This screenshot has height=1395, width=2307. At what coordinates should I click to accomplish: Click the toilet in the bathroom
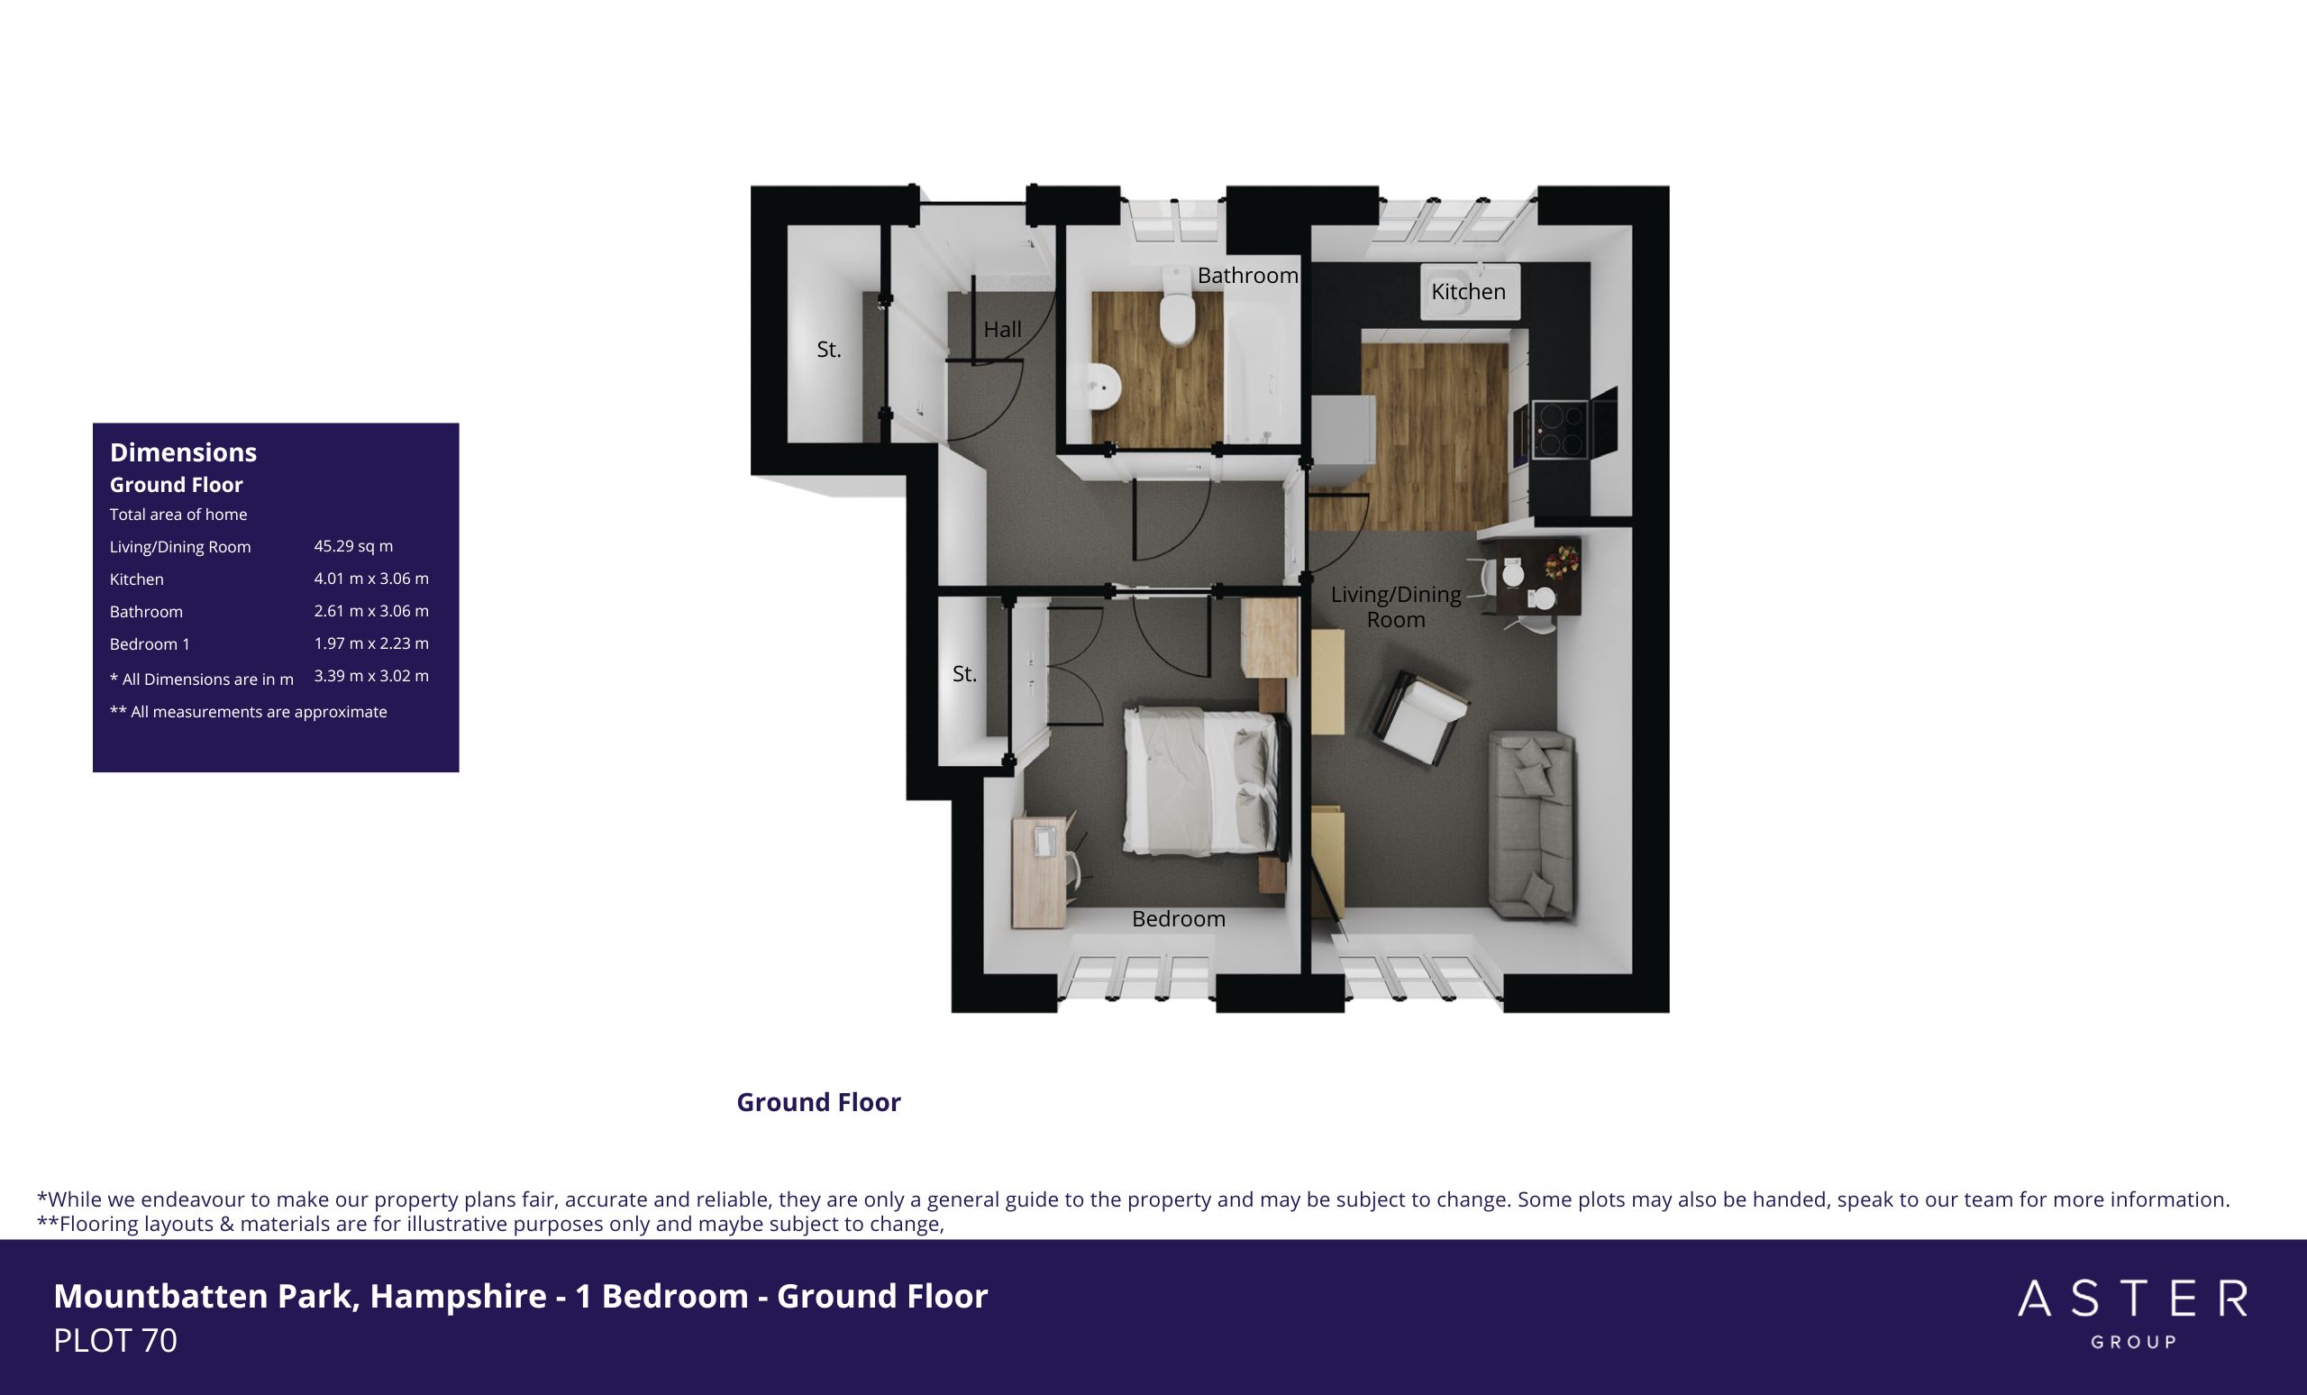tap(1177, 305)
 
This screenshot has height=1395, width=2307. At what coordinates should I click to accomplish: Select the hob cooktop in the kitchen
tap(1559, 429)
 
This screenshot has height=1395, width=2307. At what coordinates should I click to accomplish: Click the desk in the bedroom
tap(1039, 872)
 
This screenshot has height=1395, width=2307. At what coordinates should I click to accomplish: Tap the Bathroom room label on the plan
tap(1247, 275)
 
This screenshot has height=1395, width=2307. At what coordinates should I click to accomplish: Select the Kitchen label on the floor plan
tap(1468, 292)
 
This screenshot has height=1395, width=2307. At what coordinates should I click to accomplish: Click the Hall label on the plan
tap(1002, 330)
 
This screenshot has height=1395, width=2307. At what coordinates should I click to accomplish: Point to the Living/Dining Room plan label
tap(1396, 606)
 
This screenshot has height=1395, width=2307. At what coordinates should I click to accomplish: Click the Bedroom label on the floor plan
tap(1178, 919)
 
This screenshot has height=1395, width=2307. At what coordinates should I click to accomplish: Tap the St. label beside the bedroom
tap(964, 674)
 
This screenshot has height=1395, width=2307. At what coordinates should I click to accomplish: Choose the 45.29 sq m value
tap(353, 546)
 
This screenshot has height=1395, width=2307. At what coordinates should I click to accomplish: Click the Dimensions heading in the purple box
tap(184, 452)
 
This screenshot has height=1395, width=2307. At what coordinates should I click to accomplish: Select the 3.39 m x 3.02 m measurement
tap(370, 676)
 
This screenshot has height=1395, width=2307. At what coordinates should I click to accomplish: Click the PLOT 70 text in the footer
tap(115, 1341)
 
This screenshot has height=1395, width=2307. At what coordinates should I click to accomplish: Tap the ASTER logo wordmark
tap(2132, 1299)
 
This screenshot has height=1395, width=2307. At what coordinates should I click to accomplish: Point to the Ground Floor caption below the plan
tap(818, 1102)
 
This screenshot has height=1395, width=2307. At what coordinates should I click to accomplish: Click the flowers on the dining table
tap(1561, 561)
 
